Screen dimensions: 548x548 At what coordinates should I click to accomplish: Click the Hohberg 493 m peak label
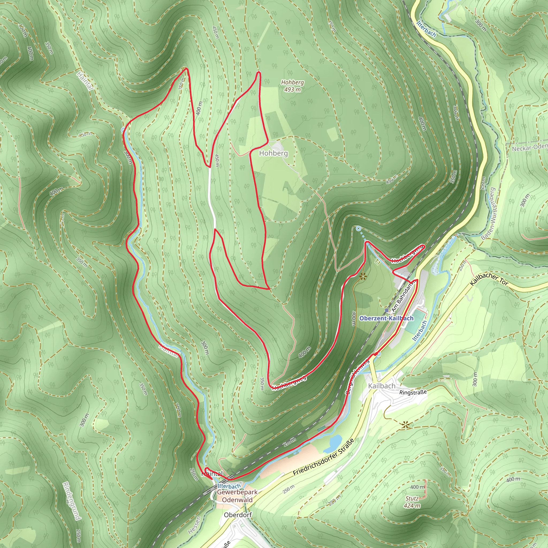coord(292,86)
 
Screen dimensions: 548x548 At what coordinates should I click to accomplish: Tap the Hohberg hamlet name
coord(273,153)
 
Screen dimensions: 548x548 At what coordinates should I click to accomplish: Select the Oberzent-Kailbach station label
coord(386,318)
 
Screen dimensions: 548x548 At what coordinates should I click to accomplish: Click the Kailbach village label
coord(382,386)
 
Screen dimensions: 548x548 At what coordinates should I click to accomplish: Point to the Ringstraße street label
coord(413,392)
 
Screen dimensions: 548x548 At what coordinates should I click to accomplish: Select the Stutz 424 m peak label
coord(412,502)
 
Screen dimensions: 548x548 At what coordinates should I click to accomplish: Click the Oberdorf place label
coord(238,515)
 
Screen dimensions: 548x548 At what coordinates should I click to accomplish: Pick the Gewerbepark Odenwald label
coord(237,496)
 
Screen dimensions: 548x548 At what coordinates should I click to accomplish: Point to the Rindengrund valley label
coord(71,501)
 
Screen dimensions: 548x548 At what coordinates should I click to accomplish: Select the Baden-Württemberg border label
coord(492,214)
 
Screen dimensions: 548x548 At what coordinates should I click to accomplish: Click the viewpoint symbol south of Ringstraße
coord(405,425)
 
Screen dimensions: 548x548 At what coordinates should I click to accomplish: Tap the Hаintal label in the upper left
coord(85,81)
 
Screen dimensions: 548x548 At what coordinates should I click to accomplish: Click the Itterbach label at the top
coord(426,29)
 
